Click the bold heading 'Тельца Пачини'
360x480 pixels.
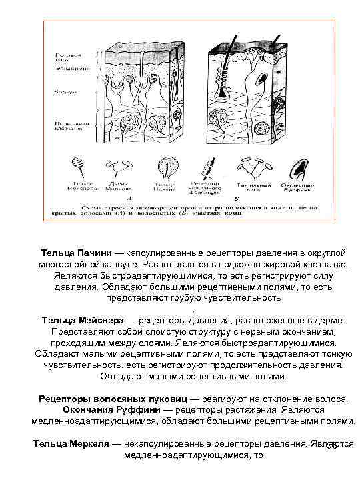click(75, 254)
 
